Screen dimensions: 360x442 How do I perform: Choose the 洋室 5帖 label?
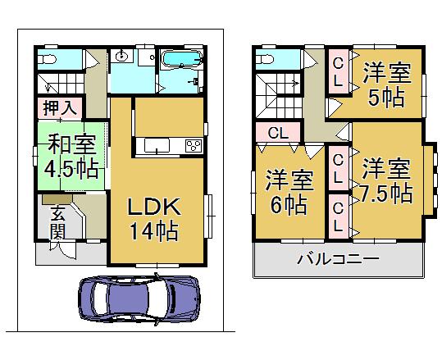(385, 84)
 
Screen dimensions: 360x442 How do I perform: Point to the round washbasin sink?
(121, 56)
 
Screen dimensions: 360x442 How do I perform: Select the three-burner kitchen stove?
(194, 146)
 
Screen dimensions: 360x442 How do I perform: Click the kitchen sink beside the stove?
(157, 147)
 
